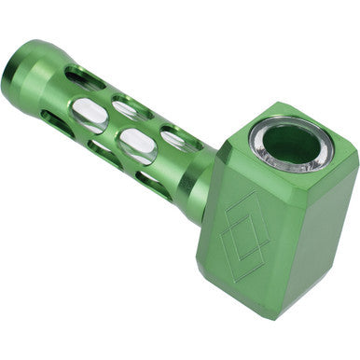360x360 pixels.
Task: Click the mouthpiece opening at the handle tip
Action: point(13,71)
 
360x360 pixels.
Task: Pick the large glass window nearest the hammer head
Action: point(137,145)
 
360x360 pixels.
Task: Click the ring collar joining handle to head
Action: point(198,174)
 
